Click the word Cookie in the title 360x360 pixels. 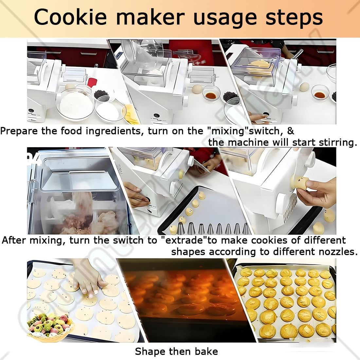pyautogui.click(x=70, y=17)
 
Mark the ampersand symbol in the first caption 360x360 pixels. pyautogui.click(x=290, y=131)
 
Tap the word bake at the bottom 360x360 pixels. pyautogui.click(x=206, y=351)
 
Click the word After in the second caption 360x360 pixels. pyautogui.click(x=14, y=240)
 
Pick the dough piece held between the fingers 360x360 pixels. pyautogui.click(x=299, y=183)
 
